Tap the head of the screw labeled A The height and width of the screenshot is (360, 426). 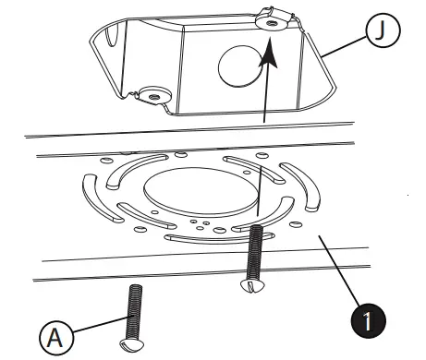pos(131,344)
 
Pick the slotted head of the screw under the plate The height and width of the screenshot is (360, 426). pos(250,287)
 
